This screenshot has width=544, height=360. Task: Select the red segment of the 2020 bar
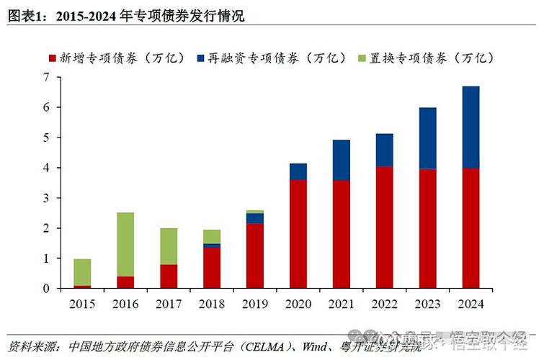pos(298,234)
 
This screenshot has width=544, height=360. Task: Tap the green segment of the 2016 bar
pos(125,244)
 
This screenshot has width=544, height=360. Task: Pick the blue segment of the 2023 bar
pos(428,138)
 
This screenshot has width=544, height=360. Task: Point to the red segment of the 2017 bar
pos(169,276)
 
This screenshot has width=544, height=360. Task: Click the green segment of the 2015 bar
pos(82,272)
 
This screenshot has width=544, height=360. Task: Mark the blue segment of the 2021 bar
pos(342,160)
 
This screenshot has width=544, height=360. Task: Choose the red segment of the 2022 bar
pos(385,228)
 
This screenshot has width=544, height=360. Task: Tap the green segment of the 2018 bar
pos(212,236)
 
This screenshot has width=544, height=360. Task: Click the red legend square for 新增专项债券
pos(53,58)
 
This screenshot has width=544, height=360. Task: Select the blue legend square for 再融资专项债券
pos(200,58)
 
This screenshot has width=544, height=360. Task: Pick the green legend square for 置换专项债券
pos(362,58)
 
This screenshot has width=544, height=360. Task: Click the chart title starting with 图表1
pos(126,15)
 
